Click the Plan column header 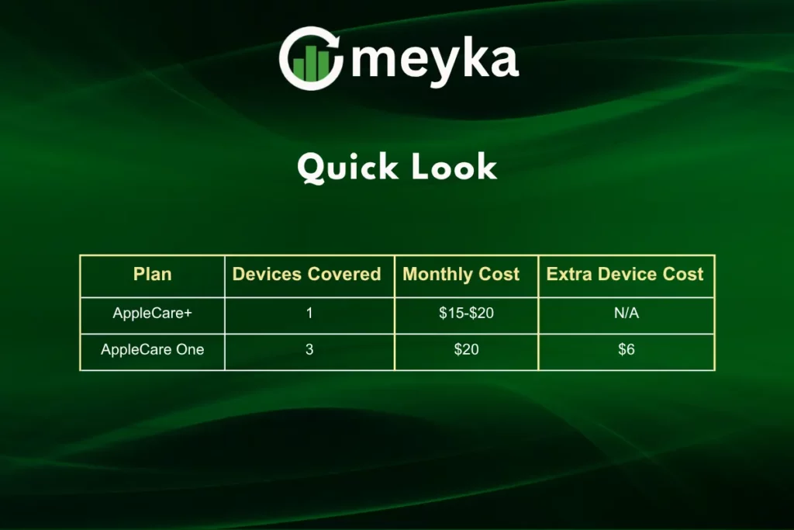[x=152, y=274]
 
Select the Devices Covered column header [x=306, y=274]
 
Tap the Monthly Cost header [x=461, y=274]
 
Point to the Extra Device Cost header [x=625, y=274]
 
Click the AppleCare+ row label [x=152, y=313]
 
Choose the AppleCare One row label [x=152, y=350]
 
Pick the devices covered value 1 [x=309, y=313]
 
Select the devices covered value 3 [x=309, y=350]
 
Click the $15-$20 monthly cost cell [x=466, y=313]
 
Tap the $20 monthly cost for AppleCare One [x=466, y=350]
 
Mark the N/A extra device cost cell [x=627, y=313]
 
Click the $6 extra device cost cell [x=627, y=350]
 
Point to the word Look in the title [x=454, y=167]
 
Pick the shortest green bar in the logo [x=299, y=70]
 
